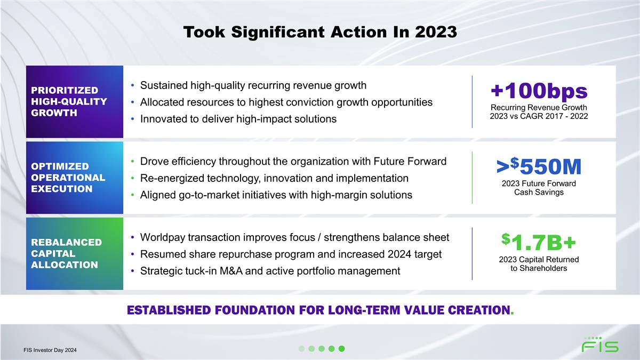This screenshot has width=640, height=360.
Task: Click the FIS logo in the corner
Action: point(600,345)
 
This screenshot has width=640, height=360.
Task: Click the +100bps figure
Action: point(539,91)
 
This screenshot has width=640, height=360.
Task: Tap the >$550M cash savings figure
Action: point(539,166)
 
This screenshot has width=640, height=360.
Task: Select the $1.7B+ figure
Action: point(539,242)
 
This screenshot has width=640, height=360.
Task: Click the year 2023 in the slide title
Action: point(436,31)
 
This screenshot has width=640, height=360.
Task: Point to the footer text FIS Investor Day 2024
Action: point(50,350)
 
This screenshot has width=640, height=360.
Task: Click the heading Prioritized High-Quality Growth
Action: point(69,101)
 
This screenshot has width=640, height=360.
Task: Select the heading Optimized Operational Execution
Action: point(68,178)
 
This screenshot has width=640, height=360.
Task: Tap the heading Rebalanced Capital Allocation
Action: point(66,253)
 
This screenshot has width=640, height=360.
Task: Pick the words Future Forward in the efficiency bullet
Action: point(410,162)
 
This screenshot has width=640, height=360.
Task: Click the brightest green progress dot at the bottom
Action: point(342,349)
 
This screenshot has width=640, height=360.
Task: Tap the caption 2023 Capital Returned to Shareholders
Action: point(539,263)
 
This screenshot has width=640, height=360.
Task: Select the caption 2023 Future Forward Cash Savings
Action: point(539,188)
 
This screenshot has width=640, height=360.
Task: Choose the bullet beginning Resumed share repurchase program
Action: point(291,254)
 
